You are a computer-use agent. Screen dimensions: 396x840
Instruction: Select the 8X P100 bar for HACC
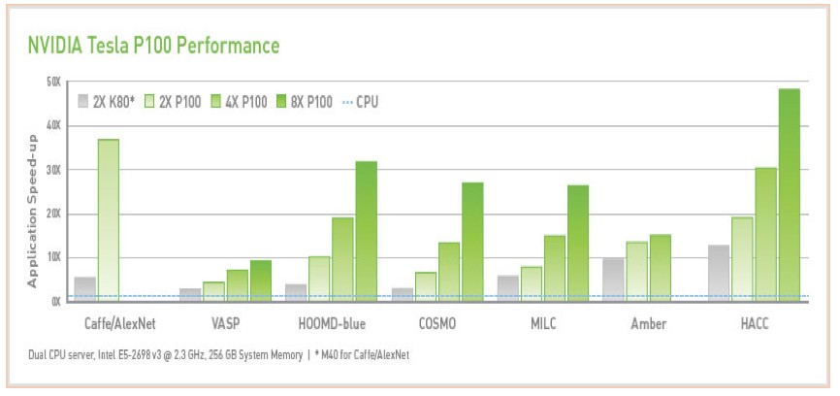(789, 194)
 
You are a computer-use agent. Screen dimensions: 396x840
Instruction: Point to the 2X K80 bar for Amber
(613, 280)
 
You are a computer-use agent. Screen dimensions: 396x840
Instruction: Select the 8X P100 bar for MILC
(578, 243)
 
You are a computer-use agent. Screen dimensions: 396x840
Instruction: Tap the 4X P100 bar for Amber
(660, 268)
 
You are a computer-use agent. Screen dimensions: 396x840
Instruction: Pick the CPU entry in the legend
(359, 101)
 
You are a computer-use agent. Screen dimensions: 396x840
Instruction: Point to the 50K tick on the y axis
(53, 82)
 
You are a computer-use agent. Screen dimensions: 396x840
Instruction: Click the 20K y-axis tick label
(53, 214)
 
